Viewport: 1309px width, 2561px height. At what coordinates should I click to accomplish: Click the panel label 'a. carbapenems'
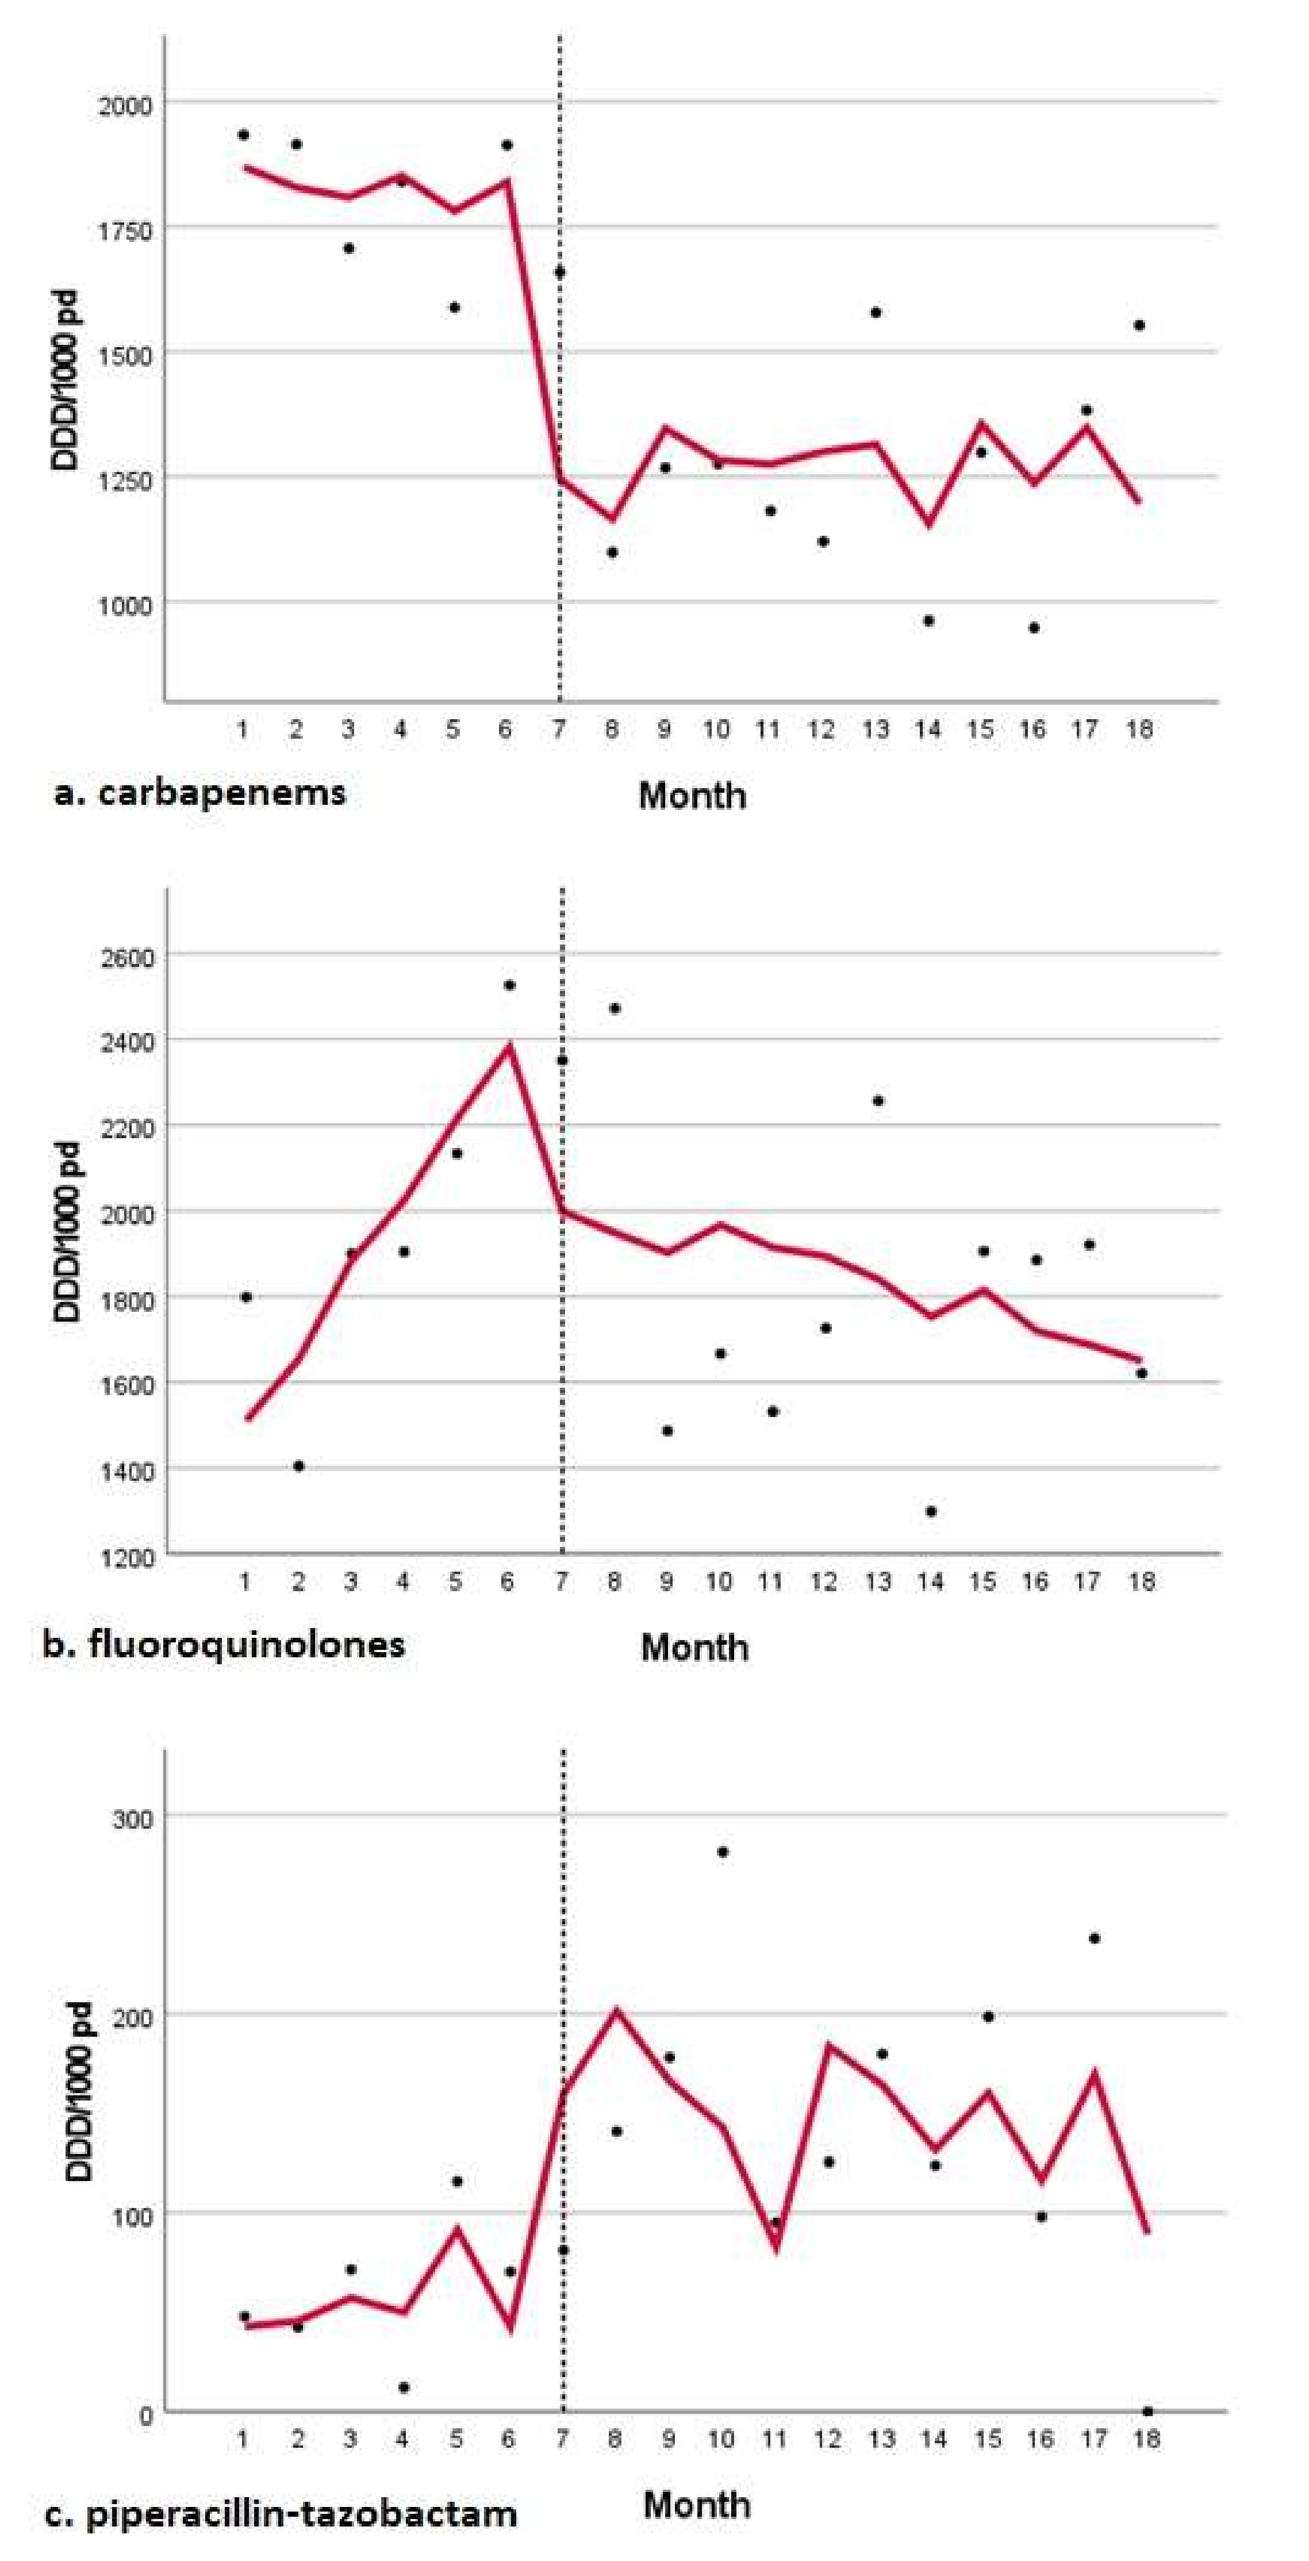pos(200,793)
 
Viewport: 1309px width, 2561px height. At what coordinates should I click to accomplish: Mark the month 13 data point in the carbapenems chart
pos(876,312)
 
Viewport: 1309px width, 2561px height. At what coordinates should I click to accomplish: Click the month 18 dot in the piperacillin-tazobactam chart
pos(1148,2411)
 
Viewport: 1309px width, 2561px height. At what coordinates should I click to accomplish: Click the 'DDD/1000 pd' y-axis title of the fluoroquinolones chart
pos(67,1235)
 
